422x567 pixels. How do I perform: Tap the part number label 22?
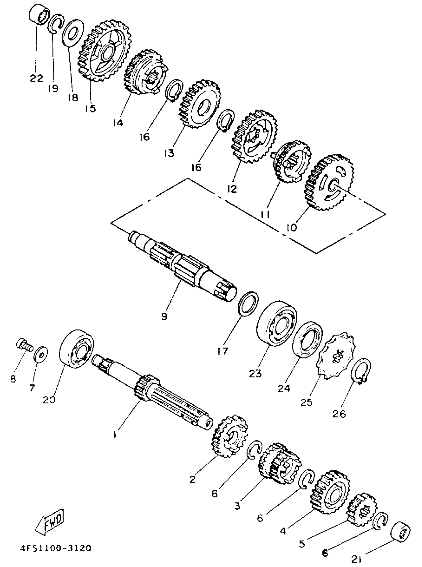tap(36, 78)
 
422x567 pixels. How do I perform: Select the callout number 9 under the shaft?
tap(164, 317)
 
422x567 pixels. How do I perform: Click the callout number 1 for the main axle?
tap(115, 434)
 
